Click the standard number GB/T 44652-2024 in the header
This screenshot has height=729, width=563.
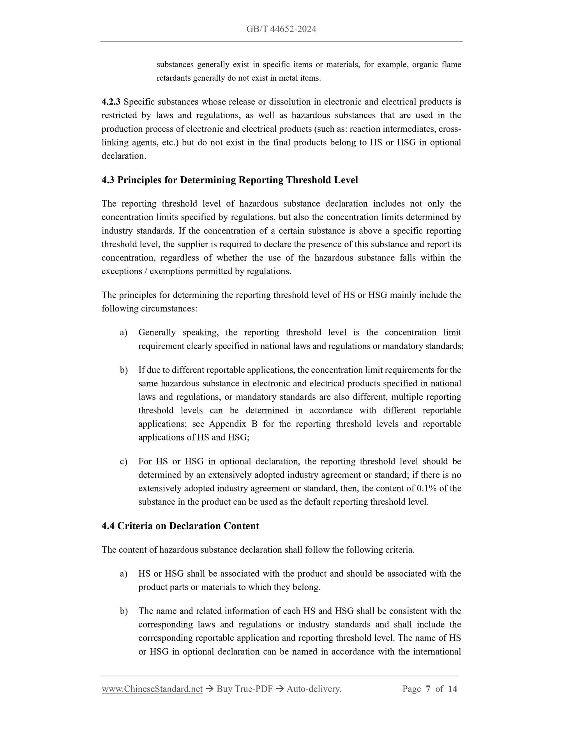tap(281, 29)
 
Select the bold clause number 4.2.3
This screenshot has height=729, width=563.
tap(111, 102)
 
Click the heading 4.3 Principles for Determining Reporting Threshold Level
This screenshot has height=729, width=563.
tap(229, 180)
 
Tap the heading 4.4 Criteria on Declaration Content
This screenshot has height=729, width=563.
tap(180, 526)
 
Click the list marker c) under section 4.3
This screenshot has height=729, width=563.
tap(124, 462)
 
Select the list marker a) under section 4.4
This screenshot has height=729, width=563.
tap(124, 574)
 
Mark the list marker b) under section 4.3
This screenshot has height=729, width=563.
tap(124, 370)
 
